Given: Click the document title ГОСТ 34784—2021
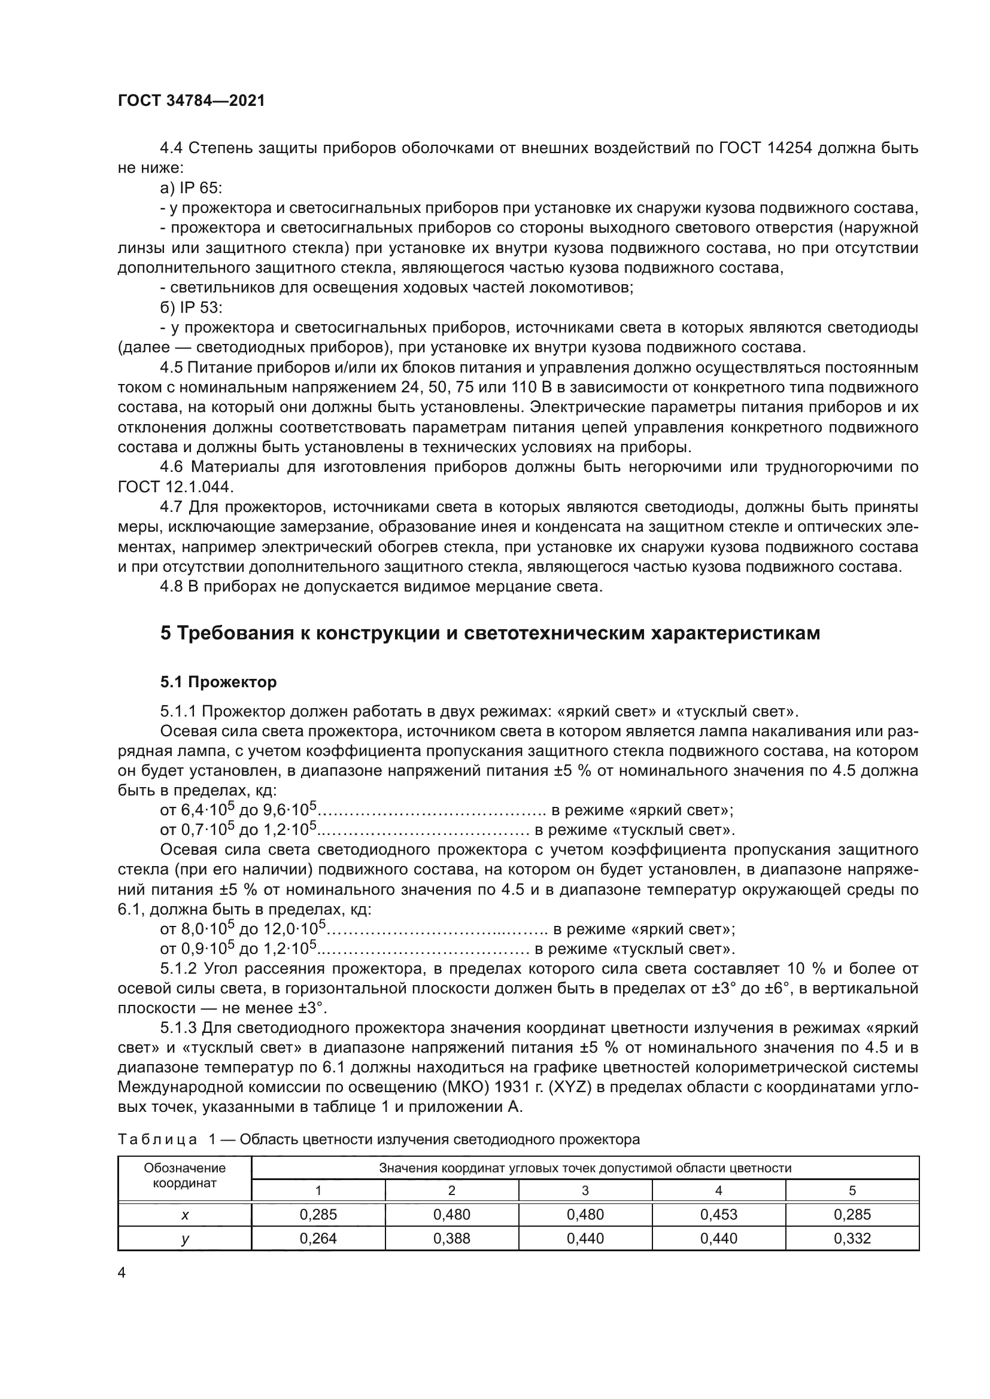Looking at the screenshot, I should (x=192, y=101).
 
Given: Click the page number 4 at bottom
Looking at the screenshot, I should (x=122, y=1273).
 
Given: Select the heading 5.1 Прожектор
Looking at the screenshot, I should (x=218, y=682).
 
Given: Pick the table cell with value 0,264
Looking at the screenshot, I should (x=318, y=1238).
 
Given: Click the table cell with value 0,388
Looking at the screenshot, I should (x=452, y=1238).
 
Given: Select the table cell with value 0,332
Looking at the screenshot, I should (x=852, y=1238).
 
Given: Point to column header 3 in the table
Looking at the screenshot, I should (x=585, y=1191).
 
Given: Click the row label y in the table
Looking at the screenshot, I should (x=185, y=1239).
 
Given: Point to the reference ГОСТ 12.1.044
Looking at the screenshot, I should (x=175, y=487).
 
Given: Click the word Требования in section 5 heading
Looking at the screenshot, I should (x=231, y=633).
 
